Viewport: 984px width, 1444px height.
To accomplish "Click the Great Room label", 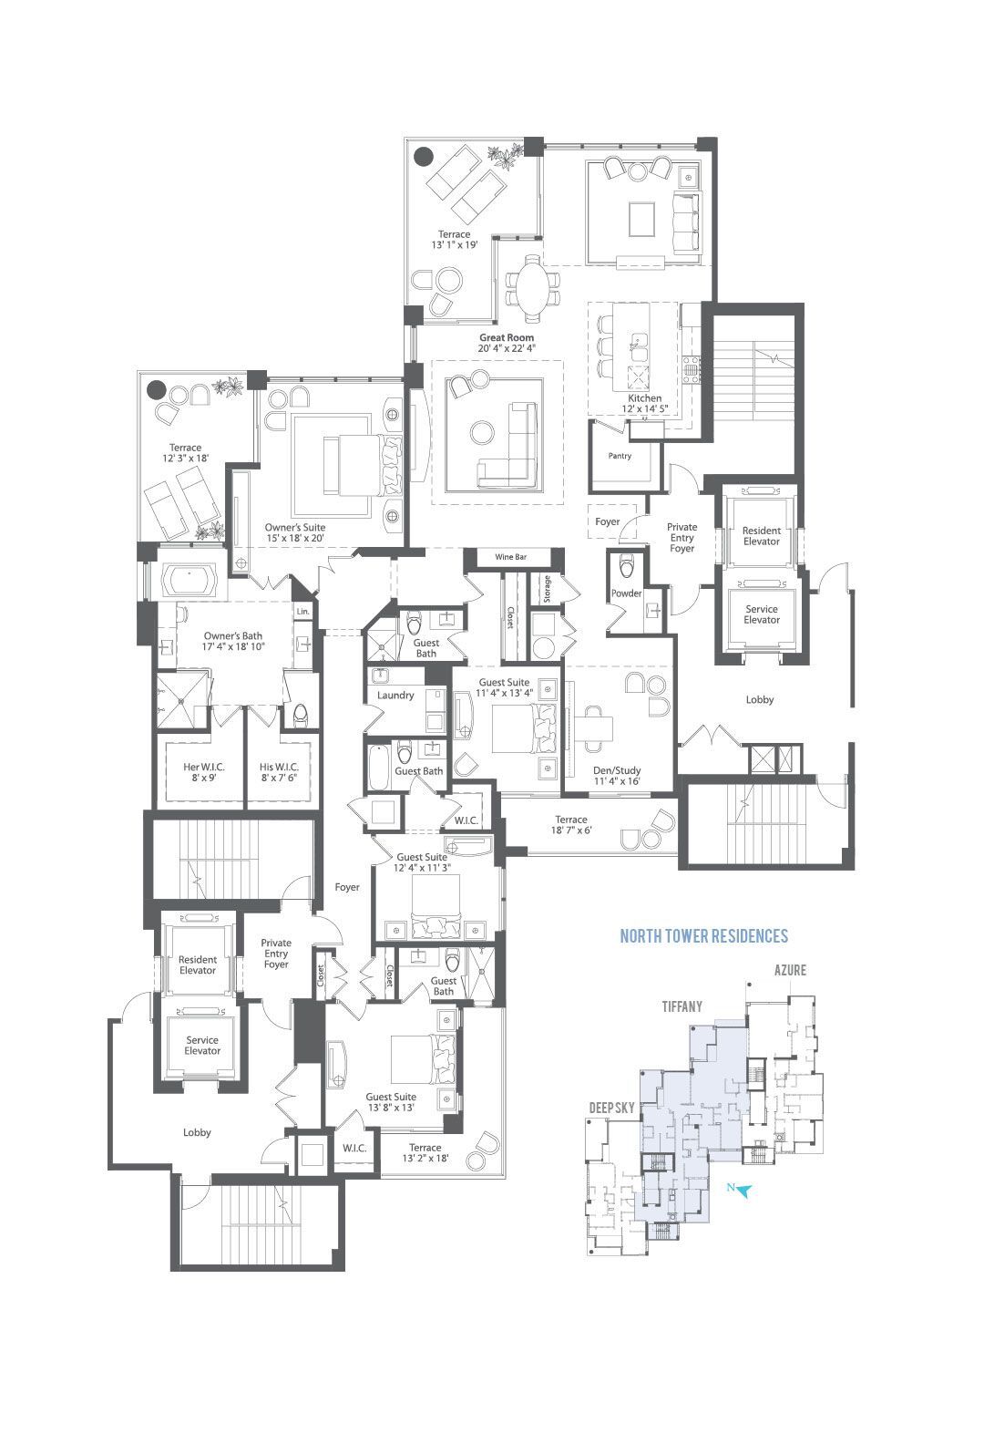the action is pyautogui.click(x=507, y=337).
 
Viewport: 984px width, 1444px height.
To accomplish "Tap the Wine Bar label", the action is pyautogui.click(x=510, y=557).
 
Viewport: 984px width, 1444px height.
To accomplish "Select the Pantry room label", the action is pyautogui.click(x=620, y=456).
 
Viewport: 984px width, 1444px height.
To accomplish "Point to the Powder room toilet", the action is pyautogui.click(x=626, y=567).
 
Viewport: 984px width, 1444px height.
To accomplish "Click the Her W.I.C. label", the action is pyautogui.click(x=203, y=768).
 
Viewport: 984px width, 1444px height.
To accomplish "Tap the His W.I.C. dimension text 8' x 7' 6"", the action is pyautogui.click(x=279, y=778).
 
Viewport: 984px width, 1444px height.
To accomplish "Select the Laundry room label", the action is pyautogui.click(x=395, y=695).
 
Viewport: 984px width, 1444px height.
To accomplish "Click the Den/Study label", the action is pyautogui.click(x=617, y=770).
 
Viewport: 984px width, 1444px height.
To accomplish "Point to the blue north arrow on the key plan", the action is pyautogui.click(x=743, y=1191).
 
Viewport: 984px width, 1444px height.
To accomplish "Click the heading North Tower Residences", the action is pyautogui.click(x=703, y=936).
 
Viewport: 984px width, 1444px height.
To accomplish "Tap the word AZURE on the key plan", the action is pyautogui.click(x=790, y=970).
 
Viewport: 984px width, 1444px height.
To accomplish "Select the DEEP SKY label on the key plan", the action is pyautogui.click(x=611, y=1108).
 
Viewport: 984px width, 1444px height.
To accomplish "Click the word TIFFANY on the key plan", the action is pyautogui.click(x=682, y=1006).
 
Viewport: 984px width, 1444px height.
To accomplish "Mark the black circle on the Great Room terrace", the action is pyautogui.click(x=424, y=156).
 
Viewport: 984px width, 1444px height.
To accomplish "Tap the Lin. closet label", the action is pyautogui.click(x=302, y=611).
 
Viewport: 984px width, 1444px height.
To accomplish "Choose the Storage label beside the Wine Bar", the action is pyautogui.click(x=547, y=589).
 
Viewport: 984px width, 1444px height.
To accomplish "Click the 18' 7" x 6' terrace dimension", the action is pyautogui.click(x=570, y=830).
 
